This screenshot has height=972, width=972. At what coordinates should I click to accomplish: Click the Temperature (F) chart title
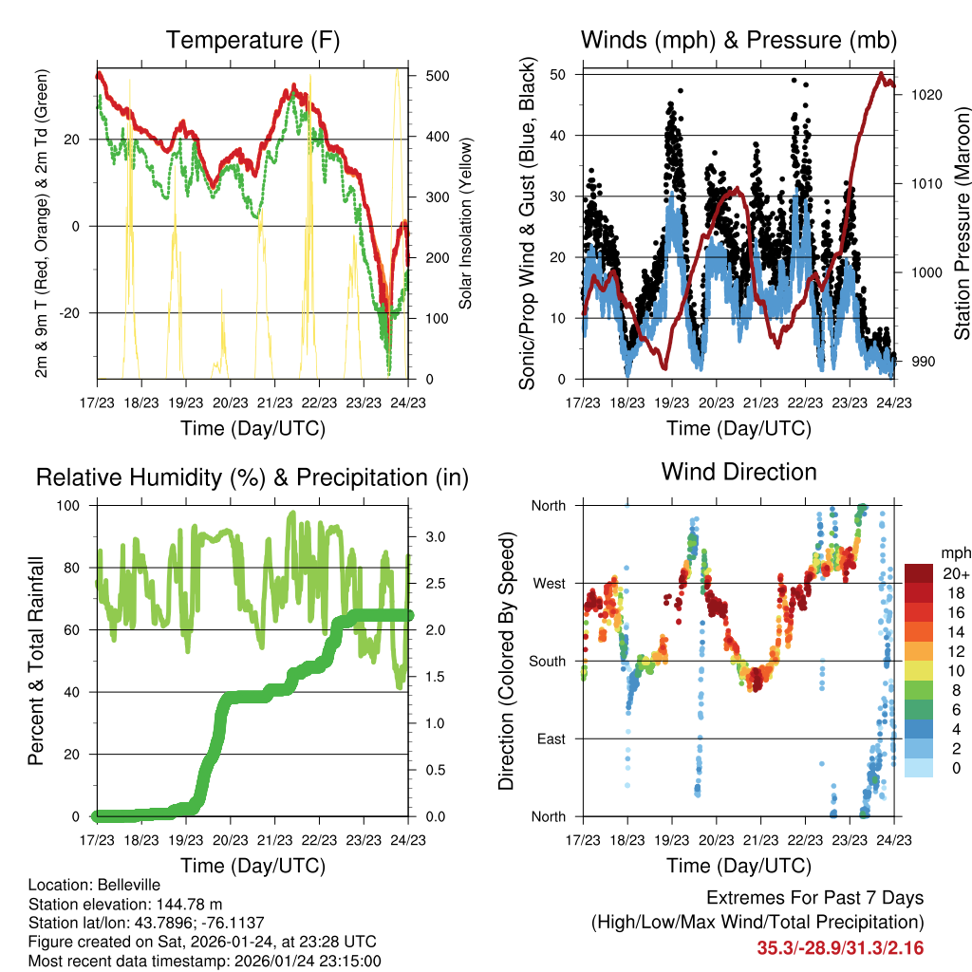click(x=252, y=41)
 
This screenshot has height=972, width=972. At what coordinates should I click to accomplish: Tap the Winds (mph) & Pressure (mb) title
click(x=738, y=41)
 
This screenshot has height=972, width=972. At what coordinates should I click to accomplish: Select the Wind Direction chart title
click(x=738, y=472)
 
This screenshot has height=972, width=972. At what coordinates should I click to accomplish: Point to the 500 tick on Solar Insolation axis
click(x=425, y=76)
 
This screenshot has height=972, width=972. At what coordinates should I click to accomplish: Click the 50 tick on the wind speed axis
click(x=560, y=74)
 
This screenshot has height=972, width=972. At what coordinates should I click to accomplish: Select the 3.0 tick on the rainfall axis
click(x=428, y=537)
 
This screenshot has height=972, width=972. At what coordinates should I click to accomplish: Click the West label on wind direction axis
click(x=548, y=583)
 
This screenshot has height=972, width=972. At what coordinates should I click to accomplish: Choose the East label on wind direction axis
click(x=550, y=738)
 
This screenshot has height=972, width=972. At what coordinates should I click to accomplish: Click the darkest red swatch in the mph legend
click(x=919, y=573)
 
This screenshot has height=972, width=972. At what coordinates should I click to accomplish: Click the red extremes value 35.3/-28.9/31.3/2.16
click(x=840, y=947)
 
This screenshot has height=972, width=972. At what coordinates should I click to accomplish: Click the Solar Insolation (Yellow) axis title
click(x=465, y=227)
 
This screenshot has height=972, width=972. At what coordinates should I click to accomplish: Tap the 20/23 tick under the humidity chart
click(x=231, y=839)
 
